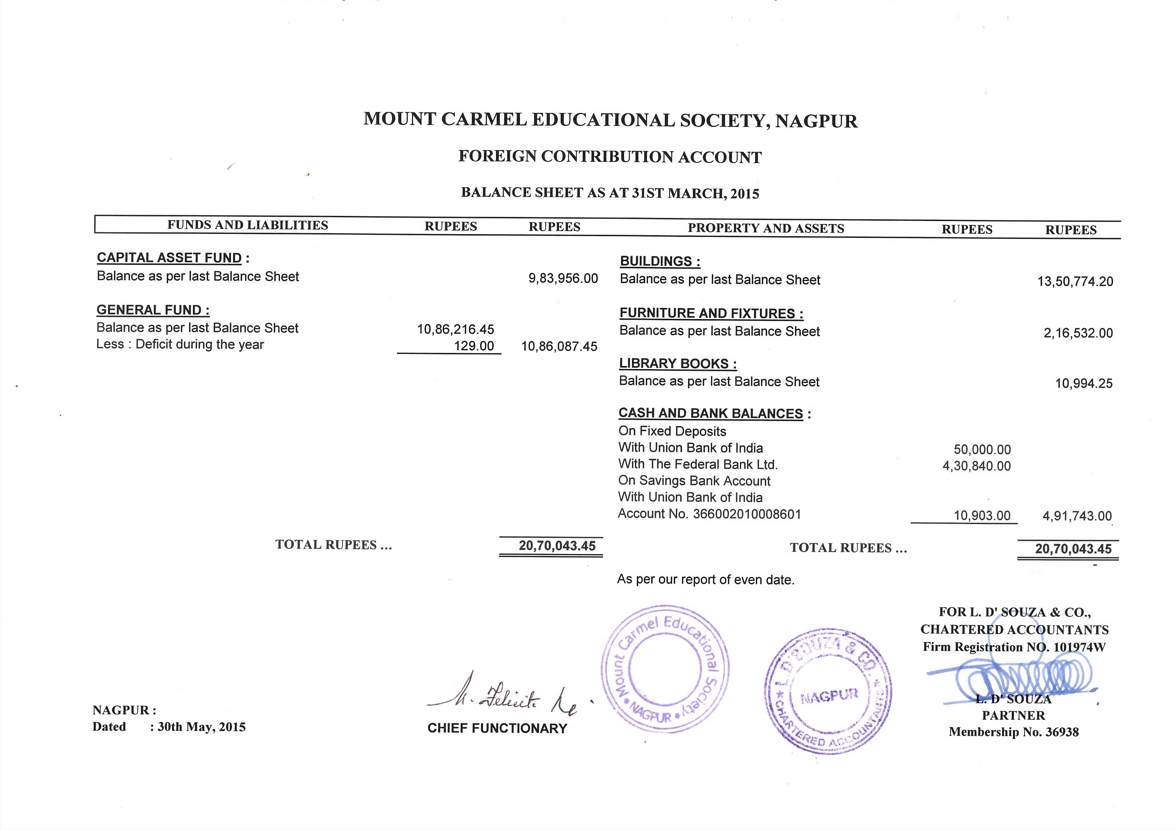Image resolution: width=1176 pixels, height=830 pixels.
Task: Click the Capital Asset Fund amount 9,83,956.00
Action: (x=563, y=279)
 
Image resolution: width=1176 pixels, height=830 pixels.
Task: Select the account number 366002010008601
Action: (x=747, y=514)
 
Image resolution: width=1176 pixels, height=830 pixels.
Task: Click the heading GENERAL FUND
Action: (x=153, y=310)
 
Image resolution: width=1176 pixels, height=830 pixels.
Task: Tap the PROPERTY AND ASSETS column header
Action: (x=766, y=228)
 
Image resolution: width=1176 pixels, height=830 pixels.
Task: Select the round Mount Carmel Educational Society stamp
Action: (x=665, y=669)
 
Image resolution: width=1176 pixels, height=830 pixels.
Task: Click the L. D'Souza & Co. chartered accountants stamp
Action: (x=828, y=691)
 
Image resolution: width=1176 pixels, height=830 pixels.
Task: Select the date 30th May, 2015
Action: (x=201, y=727)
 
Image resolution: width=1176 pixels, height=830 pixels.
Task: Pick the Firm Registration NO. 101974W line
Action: (x=1014, y=647)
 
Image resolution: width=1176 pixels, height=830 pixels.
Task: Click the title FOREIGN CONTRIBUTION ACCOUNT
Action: (x=609, y=157)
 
